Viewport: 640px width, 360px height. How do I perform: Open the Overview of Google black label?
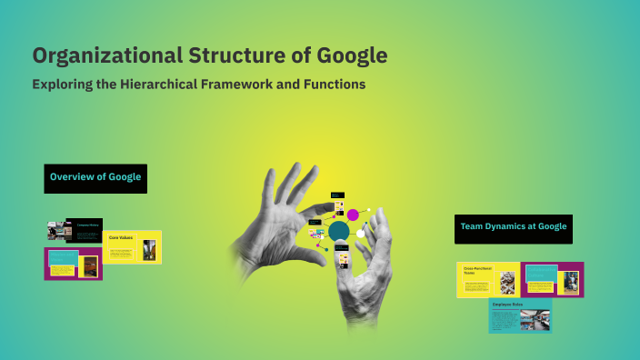coord(95,177)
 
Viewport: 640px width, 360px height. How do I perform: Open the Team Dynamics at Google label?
coord(514,228)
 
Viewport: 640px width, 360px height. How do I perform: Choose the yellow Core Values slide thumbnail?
coord(134,246)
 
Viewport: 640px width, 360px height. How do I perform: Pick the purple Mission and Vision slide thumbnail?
coord(73,264)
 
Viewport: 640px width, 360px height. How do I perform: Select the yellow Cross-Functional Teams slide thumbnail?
coord(488,279)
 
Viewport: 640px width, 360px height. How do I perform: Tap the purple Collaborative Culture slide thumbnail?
coord(553,279)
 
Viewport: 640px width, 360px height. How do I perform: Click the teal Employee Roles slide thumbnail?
coord(520,315)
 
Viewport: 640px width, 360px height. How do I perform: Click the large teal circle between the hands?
coord(339,232)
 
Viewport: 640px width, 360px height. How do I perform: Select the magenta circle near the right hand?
coord(353,215)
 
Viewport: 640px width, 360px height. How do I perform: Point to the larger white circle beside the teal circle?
coord(360,234)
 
